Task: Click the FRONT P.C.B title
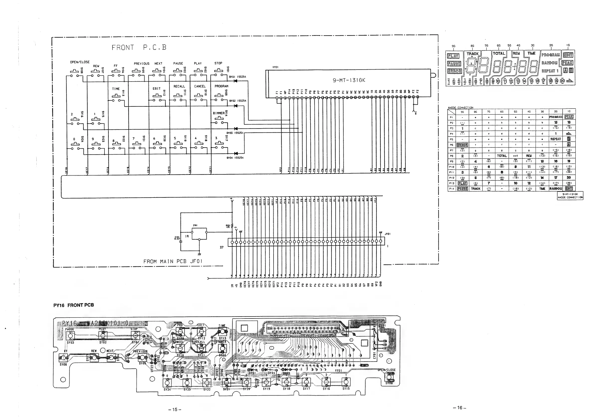tap(139, 48)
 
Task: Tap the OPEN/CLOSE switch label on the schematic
tap(80, 62)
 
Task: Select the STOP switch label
tap(218, 63)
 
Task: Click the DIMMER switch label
tap(218, 113)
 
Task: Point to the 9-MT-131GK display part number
tap(349, 80)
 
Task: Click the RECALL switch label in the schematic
tap(179, 86)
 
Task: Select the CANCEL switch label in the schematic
tap(200, 86)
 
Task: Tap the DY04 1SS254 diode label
tap(235, 158)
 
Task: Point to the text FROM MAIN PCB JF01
tap(173, 261)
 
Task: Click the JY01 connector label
tap(388, 234)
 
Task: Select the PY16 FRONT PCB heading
tap(74, 305)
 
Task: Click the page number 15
tap(175, 410)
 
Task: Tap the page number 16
tap(460, 408)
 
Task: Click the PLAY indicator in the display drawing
tap(453, 56)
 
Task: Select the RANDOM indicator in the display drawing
tap(549, 63)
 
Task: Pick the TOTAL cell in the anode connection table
tap(502, 156)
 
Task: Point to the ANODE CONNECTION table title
tap(461, 107)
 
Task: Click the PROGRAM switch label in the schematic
tap(221, 86)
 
